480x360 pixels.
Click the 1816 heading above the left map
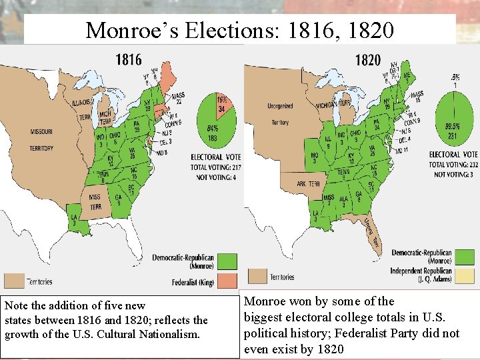coord(128,59)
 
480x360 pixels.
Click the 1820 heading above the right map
coord(367,60)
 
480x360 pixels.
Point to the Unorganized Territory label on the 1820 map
coord(280,114)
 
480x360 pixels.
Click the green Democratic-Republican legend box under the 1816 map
coord(227,260)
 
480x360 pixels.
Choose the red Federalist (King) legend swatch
coord(227,281)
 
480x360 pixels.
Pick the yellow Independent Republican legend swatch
coord(464,275)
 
